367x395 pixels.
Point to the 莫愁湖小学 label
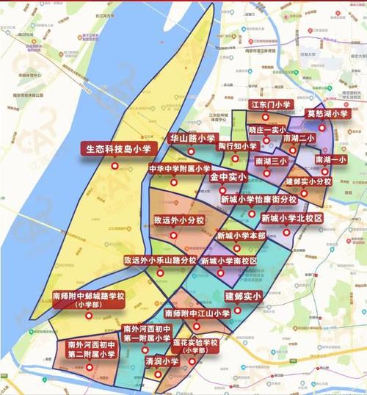327,114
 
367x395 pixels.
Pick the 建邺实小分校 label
308,181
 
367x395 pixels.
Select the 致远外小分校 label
178,220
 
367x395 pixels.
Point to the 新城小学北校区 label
291,219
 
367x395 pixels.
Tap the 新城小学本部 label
241,236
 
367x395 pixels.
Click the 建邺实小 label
243,296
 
